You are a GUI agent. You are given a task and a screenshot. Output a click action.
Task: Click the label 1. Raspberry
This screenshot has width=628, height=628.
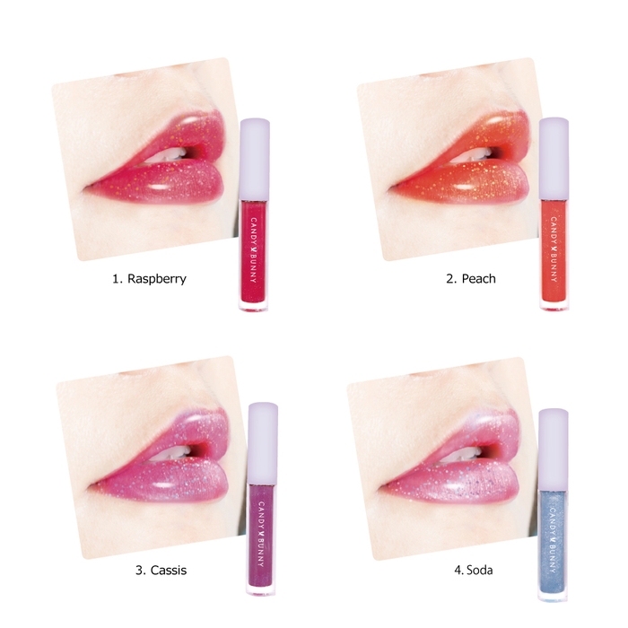pos(149,279)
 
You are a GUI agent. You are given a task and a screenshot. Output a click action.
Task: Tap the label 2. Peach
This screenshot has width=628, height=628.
pos(471,278)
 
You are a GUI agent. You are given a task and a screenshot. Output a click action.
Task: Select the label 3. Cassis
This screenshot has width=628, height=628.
pos(161,570)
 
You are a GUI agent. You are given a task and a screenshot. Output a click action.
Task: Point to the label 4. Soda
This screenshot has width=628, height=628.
pos(473,570)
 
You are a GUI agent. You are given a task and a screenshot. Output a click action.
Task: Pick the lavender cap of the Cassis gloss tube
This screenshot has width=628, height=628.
pos(263,443)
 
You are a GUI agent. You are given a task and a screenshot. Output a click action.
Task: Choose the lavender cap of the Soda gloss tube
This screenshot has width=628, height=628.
pos(554,449)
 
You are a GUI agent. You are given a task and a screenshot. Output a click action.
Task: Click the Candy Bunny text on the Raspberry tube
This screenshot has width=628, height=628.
pos(254,250)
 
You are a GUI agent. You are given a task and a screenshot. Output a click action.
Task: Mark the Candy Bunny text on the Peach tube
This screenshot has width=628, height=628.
pos(554,249)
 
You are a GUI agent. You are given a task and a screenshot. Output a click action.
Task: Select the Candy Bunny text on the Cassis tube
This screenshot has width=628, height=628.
pos(262,534)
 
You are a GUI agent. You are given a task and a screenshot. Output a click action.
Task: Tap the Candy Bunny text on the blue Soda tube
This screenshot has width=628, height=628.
pos(554,540)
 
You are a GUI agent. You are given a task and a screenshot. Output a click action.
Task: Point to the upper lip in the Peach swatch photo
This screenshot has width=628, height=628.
pos(473,136)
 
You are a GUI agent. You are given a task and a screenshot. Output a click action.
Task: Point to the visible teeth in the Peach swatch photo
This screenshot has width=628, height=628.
pos(474,155)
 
